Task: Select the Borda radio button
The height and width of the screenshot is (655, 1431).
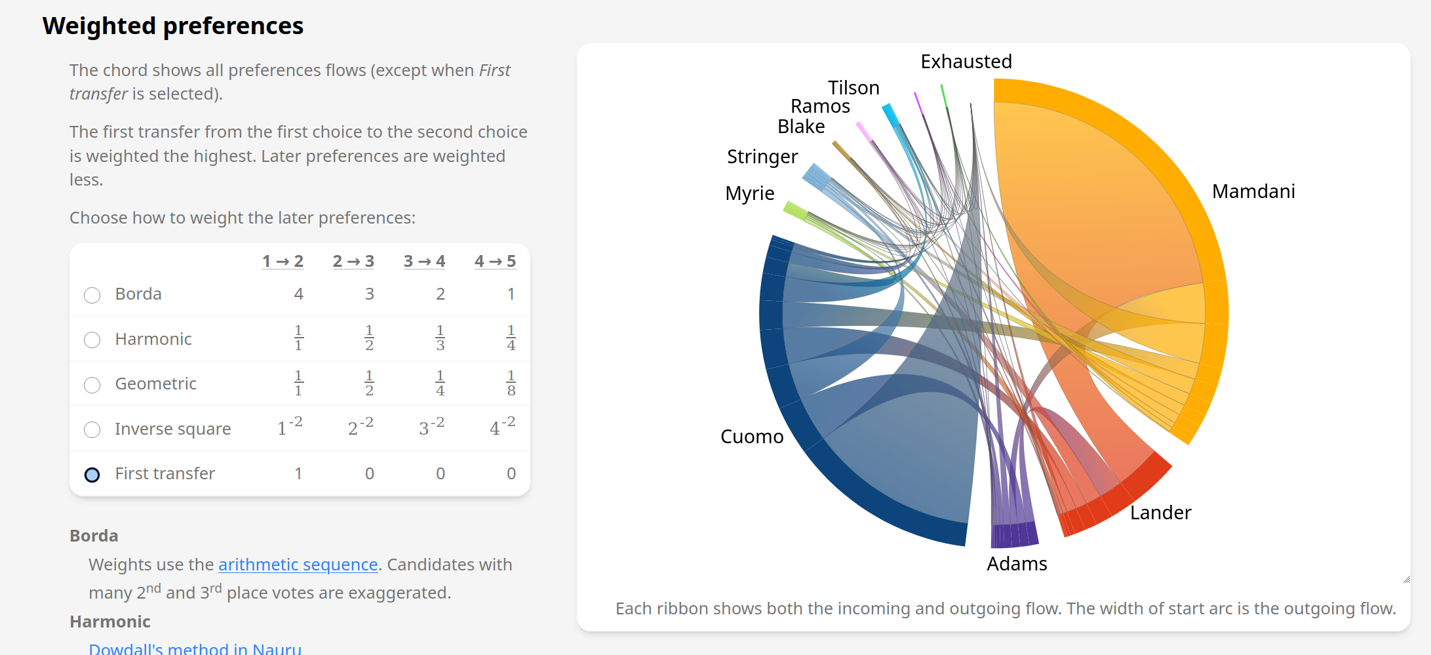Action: tap(92, 295)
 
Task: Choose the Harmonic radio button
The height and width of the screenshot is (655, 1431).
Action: tap(92, 340)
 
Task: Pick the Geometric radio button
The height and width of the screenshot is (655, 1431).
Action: tap(92, 385)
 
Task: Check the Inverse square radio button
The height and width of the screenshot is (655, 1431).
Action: tap(92, 429)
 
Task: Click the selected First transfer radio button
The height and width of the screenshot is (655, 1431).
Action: tap(92, 475)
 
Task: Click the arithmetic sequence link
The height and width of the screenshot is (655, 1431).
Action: tap(298, 565)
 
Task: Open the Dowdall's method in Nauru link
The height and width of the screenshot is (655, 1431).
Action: tap(195, 648)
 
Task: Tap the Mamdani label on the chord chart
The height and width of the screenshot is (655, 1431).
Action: tap(1253, 191)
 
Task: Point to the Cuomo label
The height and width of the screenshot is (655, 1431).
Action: tap(752, 437)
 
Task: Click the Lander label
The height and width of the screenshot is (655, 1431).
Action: tap(1160, 513)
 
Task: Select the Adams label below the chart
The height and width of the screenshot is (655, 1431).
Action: tap(1017, 564)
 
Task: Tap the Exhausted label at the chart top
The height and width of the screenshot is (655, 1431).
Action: tap(966, 62)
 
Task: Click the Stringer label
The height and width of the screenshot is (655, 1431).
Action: tap(762, 157)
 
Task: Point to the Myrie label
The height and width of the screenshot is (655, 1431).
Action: tap(749, 193)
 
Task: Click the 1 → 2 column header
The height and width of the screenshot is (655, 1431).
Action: tap(283, 262)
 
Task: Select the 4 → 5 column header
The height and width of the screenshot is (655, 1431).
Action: tap(495, 262)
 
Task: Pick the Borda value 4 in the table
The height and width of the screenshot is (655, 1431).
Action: tap(298, 294)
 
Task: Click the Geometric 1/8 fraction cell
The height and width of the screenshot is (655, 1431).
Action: tap(511, 384)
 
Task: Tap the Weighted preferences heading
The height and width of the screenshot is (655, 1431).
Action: tap(173, 26)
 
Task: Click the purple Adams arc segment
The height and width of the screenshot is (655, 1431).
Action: tap(1014, 535)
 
